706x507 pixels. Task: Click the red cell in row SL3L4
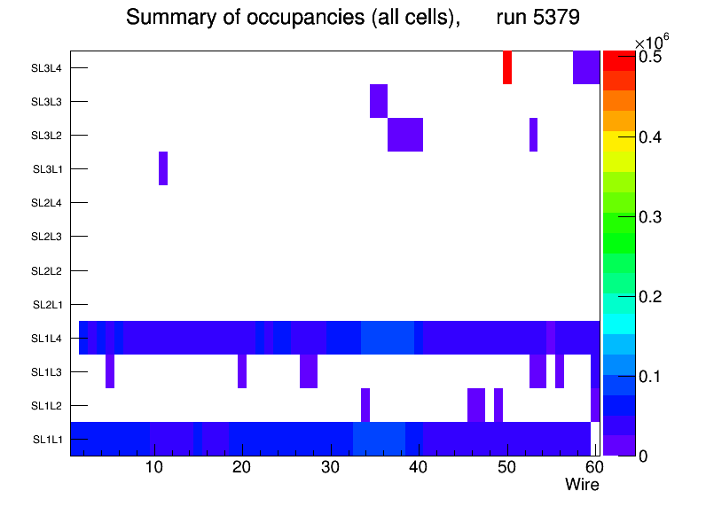[507, 67]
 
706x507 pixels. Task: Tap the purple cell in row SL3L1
[163, 168]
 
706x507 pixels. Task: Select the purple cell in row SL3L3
[379, 100]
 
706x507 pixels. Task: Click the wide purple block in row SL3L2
[405, 135]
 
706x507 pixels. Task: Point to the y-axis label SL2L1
[49, 304]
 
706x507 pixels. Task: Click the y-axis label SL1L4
[49, 338]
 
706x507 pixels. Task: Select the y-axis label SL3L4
[49, 67]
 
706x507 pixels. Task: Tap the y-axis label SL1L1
[49, 439]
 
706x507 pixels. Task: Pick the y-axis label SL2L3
[49, 237]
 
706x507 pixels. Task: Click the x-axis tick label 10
[154, 468]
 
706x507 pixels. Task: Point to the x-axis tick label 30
[330, 468]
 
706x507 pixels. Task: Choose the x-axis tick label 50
[506, 468]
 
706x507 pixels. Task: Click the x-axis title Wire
[582, 485]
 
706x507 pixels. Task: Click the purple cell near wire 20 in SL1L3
[242, 370]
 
